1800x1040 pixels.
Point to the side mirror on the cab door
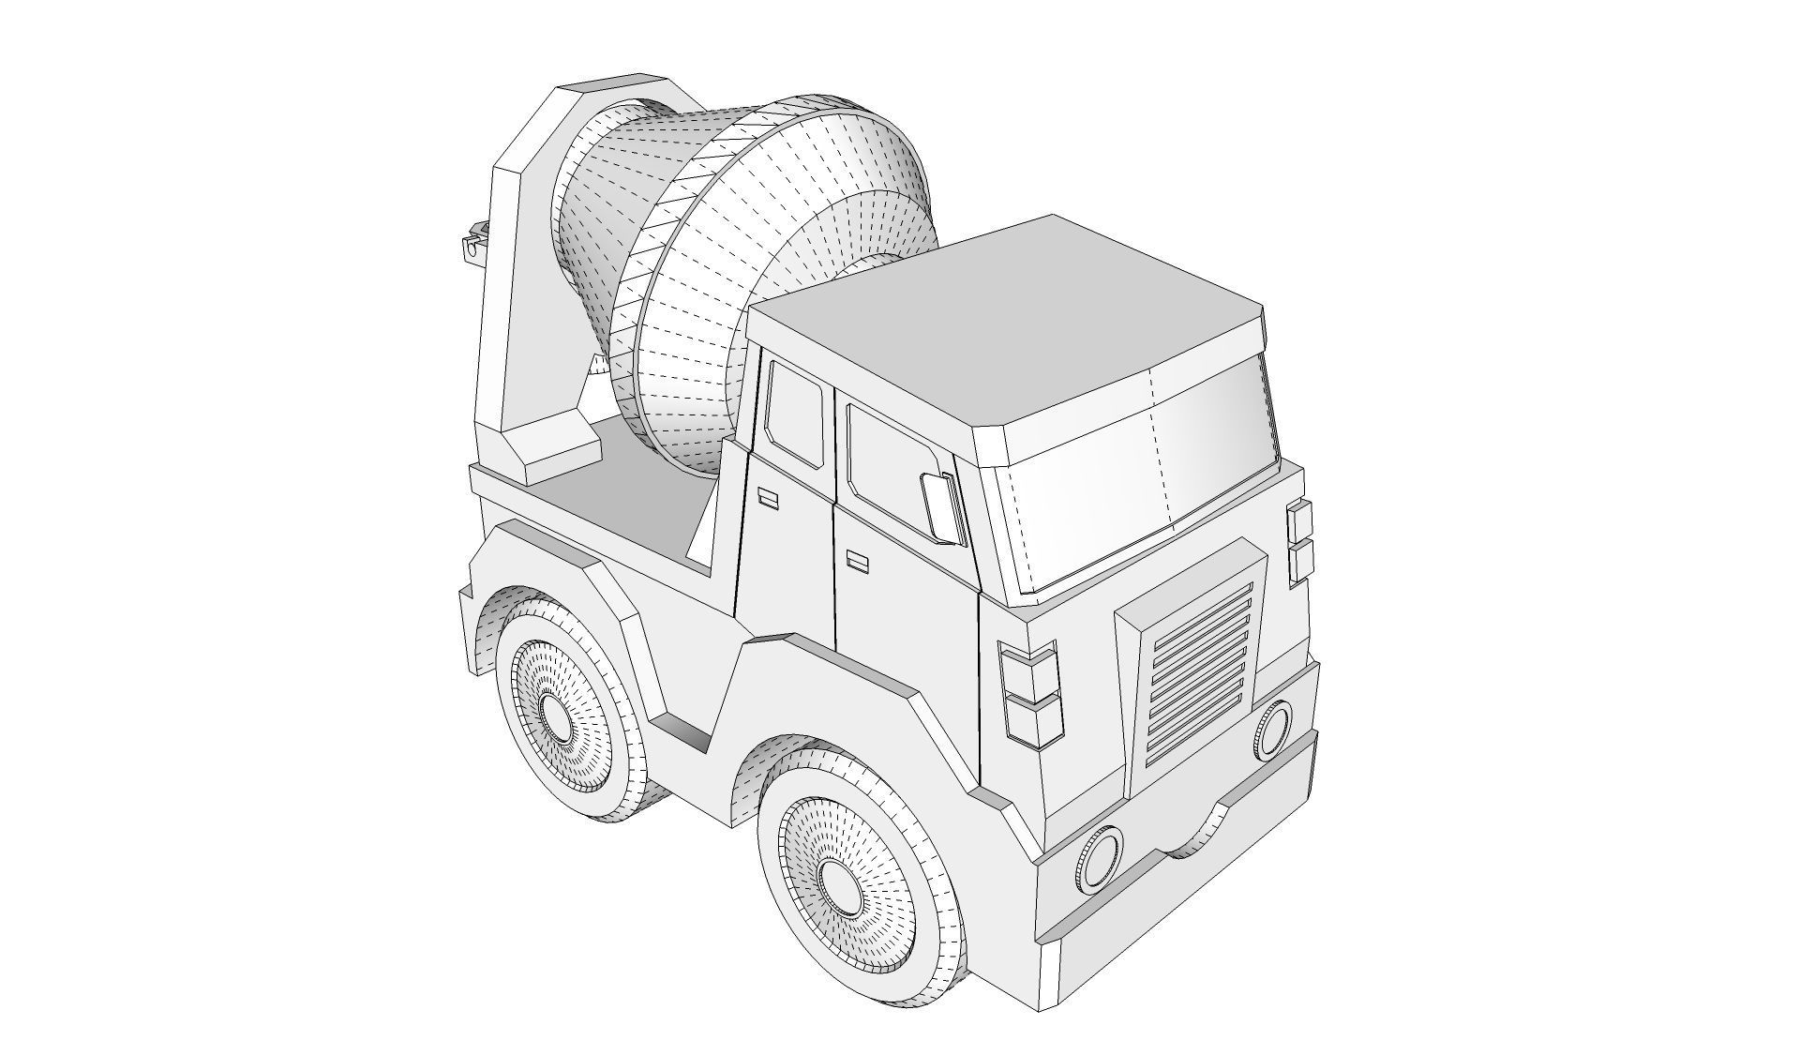point(940,509)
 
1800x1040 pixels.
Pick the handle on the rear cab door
point(768,499)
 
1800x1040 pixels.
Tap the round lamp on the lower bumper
point(1100,856)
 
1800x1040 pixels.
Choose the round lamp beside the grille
point(1272,729)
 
